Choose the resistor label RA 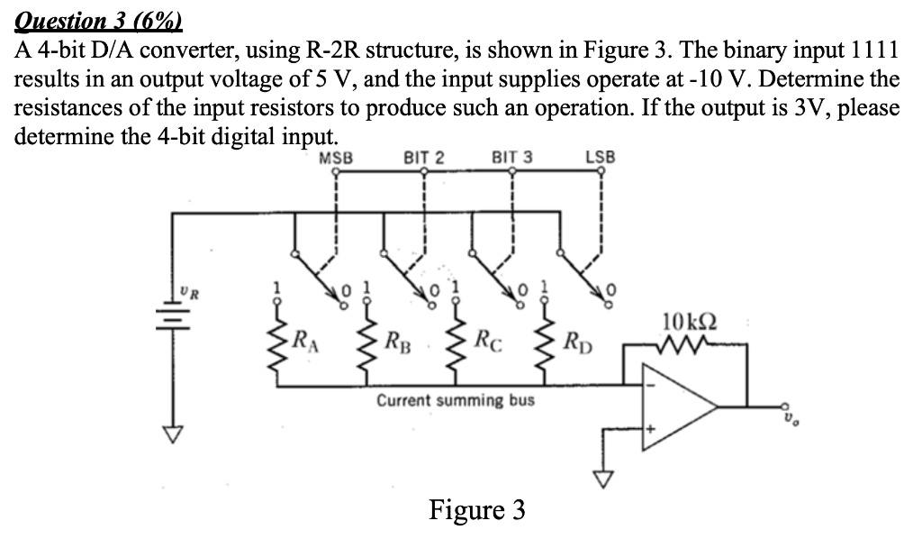coord(306,341)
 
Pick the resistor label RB coord(395,341)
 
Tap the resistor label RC coord(484,341)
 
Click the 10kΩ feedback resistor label coord(688,321)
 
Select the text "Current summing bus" coord(455,399)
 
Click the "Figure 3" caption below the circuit coord(476,510)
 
